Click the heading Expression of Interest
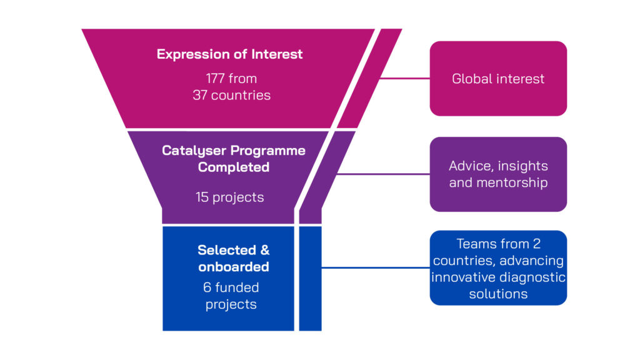229,54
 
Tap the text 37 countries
232,96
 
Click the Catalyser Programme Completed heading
234,159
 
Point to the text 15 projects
229,197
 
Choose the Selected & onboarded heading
234,258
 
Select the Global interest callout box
498,79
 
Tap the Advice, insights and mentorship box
498,174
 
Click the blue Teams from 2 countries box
498,268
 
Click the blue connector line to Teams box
375,268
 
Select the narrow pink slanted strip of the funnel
369,79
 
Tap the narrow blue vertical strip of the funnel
310,278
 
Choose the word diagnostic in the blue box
534,277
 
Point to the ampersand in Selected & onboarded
264,250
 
